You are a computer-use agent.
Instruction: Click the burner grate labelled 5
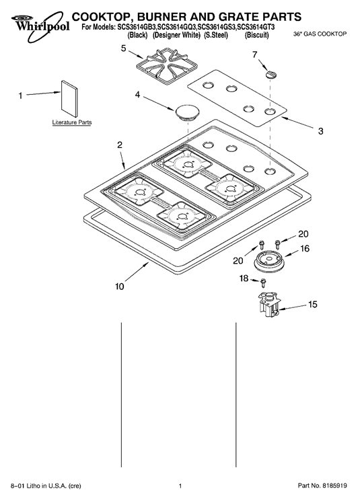coord(167,67)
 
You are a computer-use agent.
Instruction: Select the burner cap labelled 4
coord(187,112)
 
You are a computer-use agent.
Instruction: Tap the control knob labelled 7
coord(271,74)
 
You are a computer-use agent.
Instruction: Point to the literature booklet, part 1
coord(69,99)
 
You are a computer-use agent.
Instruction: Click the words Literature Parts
coord(72,122)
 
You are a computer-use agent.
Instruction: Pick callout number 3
coord(321,130)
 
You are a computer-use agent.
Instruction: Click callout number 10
coord(120,286)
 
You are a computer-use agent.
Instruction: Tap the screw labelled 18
coord(263,282)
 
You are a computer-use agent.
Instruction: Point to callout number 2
coord(120,145)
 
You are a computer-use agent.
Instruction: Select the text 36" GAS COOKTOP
coord(320,34)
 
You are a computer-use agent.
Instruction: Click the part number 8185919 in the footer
coord(334,486)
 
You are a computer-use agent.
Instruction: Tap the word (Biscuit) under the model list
coord(256,35)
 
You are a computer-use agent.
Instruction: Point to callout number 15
coord(313,304)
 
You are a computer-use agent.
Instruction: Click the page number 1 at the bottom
coord(180,486)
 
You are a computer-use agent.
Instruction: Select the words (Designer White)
coord(176,35)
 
